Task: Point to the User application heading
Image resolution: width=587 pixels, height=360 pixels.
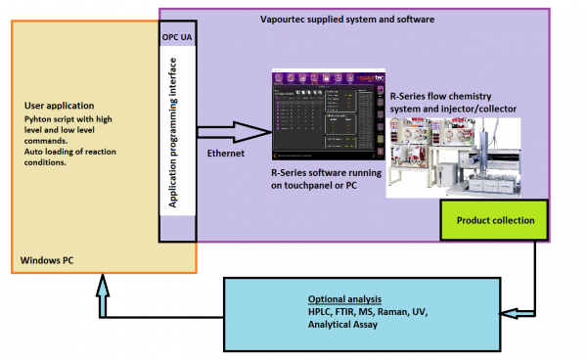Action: (x=60, y=103)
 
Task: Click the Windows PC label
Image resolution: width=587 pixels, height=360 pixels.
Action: (x=48, y=261)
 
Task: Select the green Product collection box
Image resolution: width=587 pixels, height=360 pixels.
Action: (x=494, y=220)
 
